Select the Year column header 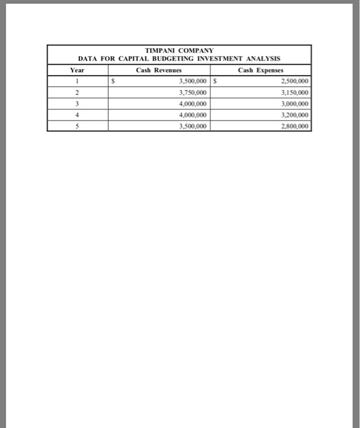pyautogui.click(x=77, y=70)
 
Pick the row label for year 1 pyautogui.click(x=77, y=81)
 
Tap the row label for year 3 pyautogui.click(x=77, y=103)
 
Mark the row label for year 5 pyautogui.click(x=77, y=126)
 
